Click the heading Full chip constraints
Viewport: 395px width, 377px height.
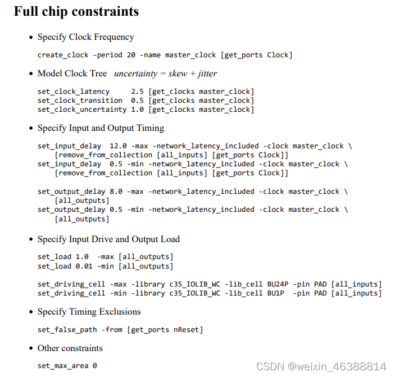click(76, 11)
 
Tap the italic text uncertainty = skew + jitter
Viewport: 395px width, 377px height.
click(165, 74)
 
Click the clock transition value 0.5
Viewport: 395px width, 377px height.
click(137, 101)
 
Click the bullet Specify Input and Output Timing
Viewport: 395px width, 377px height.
click(101, 128)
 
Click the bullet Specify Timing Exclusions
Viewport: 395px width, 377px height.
click(89, 312)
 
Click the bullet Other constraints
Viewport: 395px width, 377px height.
click(70, 348)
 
